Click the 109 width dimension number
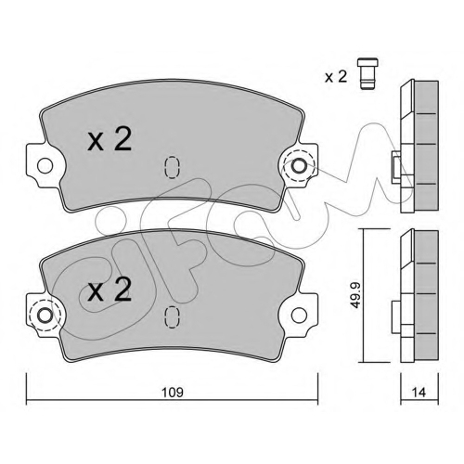(173, 393)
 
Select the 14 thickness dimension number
(419, 393)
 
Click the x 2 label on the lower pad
(110, 290)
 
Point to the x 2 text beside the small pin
(336, 76)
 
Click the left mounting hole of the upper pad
(45, 166)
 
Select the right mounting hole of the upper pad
(299, 166)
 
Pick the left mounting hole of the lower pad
(45, 316)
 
